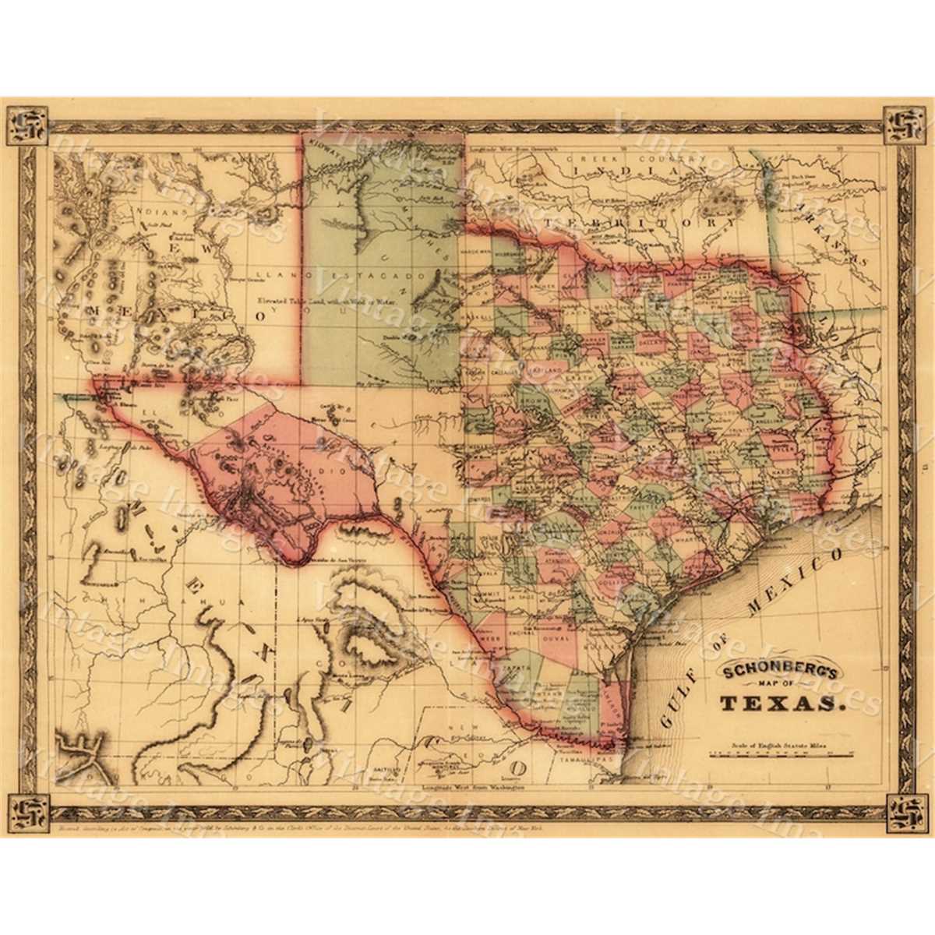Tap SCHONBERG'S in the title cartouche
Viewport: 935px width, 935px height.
779,670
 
